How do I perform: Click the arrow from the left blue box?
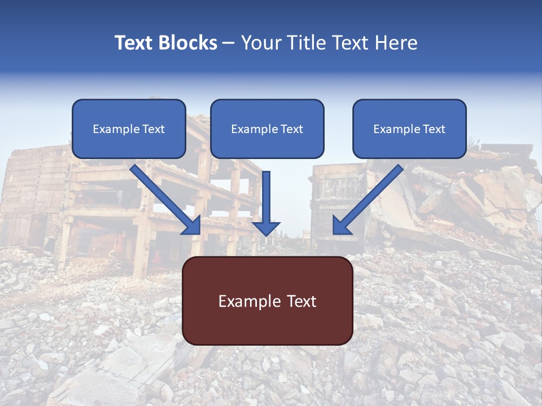(164, 197)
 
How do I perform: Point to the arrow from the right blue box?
(370, 197)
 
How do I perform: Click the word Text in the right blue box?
(434, 129)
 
